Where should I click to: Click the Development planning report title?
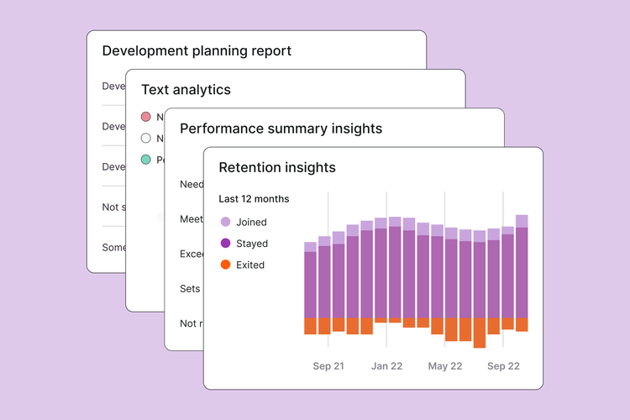click(197, 50)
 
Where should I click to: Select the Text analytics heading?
click(186, 89)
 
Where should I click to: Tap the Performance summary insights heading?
click(281, 129)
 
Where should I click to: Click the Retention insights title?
click(276, 167)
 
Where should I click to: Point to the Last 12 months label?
click(254, 199)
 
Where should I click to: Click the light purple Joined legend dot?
click(225, 222)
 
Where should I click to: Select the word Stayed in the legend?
click(252, 244)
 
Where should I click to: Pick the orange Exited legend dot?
click(225, 265)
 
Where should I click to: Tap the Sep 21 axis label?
click(328, 366)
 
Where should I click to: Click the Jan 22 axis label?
click(386, 366)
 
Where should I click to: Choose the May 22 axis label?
click(444, 366)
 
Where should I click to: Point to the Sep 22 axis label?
click(503, 366)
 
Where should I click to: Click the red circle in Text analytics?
click(146, 117)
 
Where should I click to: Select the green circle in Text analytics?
click(146, 159)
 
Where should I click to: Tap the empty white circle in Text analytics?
click(146, 138)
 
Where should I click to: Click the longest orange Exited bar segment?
click(480, 333)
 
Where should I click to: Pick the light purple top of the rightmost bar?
click(522, 221)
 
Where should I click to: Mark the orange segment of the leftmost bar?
click(310, 326)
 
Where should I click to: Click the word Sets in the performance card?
click(190, 288)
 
